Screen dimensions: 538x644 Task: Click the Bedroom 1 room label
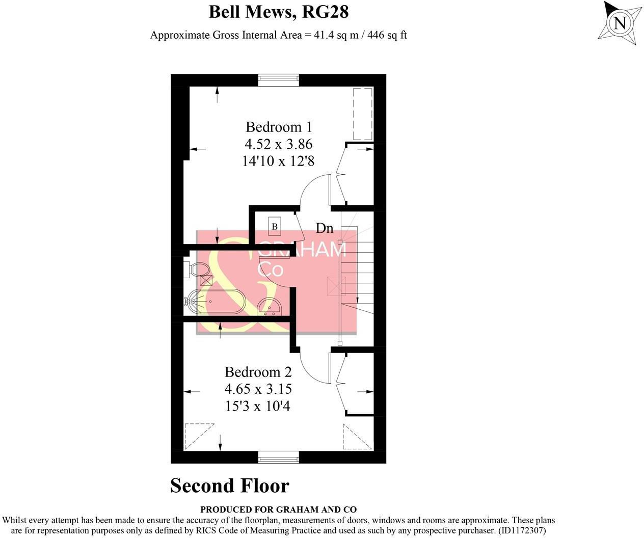point(278,127)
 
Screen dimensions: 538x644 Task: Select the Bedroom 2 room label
point(258,372)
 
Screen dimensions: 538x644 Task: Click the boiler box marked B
point(274,226)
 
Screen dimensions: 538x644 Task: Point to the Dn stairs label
point(324,228)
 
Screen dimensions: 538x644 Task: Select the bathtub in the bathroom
point(216,301)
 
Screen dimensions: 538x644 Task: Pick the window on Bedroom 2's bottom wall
point(278,458)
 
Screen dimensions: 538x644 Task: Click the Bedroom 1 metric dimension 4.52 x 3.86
point(278,144)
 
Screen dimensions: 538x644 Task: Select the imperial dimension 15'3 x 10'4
point(258,406)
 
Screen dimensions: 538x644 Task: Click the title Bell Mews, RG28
point(278,11)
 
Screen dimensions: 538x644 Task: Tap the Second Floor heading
point(229,486)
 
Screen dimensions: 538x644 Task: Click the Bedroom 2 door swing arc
point(312,369)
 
